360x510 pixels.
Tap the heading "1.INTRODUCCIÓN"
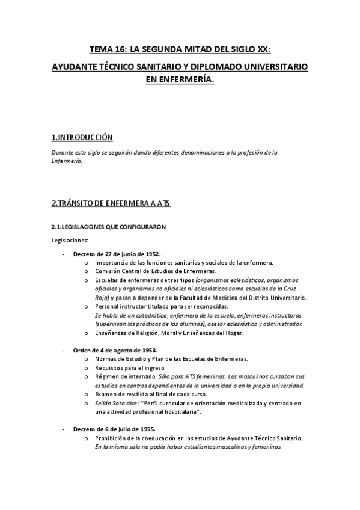tap(82, 137)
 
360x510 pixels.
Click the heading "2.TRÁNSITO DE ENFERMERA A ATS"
tap(111, 203)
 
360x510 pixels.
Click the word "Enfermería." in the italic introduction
tap(66, 162)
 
